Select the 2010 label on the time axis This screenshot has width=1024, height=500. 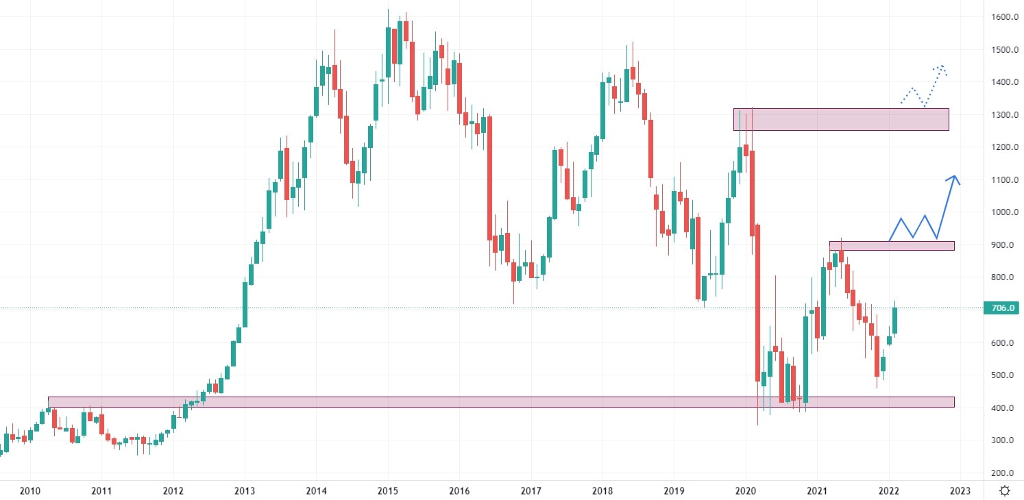click(29, 490)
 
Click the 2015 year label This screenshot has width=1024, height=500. click(387, 490)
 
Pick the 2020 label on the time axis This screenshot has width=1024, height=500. click(745, 490)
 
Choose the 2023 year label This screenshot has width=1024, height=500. click(960, 490)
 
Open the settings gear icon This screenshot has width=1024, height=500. click(1005, 490)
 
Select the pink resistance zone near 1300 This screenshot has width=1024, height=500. click(841, 119)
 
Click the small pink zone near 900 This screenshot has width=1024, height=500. click(891, 245)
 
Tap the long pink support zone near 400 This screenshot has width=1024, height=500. click(500, 402)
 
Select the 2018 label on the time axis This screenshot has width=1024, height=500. click(602, 490)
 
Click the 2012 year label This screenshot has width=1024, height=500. click(173, 490)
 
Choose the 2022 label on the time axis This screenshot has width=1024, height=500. click(888, 490)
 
